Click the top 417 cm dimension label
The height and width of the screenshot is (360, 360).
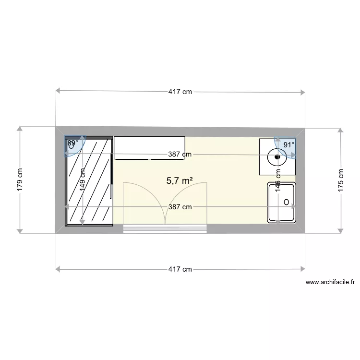click(x=180, y=92)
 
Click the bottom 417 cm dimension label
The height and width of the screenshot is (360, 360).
click(x=180, y=269)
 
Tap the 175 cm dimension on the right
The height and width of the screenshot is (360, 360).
click(x=341, y=180)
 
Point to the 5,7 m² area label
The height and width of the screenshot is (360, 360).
click(x=180, y=180)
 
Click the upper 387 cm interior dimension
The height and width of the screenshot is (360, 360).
click(x=180, y=155)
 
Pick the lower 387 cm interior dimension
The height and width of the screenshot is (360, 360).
click(x=180, y=207)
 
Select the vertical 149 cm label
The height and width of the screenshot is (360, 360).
click(x=83, y=180)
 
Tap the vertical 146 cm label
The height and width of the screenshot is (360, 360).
click(x=277, y=180)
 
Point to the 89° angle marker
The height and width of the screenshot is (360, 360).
click(x=72, y=143)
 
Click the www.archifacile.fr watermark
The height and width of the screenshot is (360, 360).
click(x=330, y=283)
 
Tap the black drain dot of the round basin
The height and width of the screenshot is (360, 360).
click(x=277, y=156)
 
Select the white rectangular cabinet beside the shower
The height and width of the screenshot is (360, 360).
click(x=149, y=147)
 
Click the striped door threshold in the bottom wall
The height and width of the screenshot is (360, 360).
click(x=165, y=228)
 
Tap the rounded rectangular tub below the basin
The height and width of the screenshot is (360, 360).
click(x=282, y=203)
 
